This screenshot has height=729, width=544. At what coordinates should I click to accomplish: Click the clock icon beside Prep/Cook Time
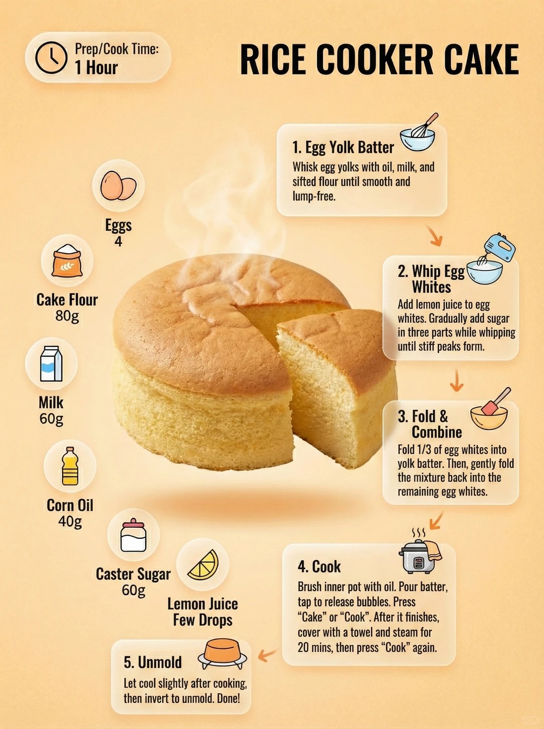(x=51, y=57)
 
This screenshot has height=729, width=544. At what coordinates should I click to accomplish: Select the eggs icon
(x=118, y=186)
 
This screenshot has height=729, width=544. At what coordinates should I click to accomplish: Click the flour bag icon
(x=67, y=261)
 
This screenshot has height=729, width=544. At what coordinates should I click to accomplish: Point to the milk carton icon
(x=51, y=363)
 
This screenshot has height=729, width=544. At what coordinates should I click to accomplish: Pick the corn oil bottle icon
(x=70, y=466)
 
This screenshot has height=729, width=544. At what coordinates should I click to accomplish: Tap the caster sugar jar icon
(x=133, y=535)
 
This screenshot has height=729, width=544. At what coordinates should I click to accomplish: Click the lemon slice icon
(x=203, y=565)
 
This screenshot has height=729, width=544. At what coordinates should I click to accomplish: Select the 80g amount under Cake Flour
(x=67, y=316)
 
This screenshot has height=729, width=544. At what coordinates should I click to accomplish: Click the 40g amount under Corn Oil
(x=70, y=521)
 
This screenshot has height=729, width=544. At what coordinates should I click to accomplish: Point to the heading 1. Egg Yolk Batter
(x=343, y=147)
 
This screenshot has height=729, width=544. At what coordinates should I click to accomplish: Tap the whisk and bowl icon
(x=419, y=132)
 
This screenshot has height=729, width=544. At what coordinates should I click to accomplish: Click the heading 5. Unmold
(x=153, y=662)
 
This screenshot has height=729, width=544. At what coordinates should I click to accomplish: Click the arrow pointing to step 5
(x=267, y=654)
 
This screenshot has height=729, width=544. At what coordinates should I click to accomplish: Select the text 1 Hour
(x=96, y=68)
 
